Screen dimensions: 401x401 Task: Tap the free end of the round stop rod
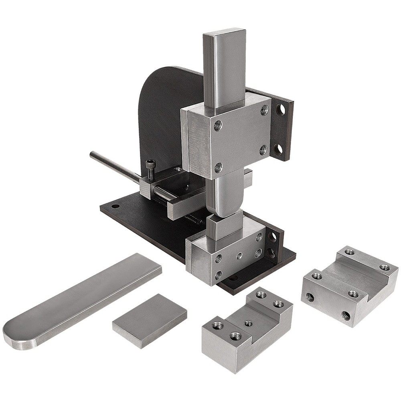[x=92, y=154]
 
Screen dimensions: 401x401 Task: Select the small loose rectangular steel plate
[x=149, y=320]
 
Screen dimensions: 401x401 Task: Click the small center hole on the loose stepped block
[x=248, y=323]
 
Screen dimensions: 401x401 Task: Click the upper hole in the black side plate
[x=280, y=109]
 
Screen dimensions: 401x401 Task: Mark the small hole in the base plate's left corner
[x=115, y=207]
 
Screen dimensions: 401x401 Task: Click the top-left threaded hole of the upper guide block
[x=218, y=126]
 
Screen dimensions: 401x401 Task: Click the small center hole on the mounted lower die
[x=239, y=255]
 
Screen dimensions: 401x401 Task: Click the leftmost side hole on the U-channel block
[x=310, y=297]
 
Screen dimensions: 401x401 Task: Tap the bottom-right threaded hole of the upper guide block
[x=263, y=150]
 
